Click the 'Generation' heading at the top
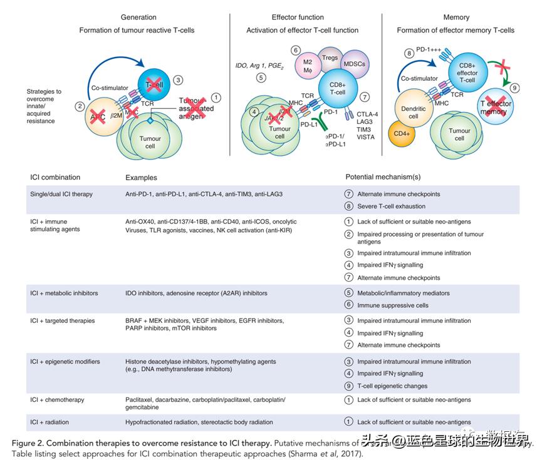(x=139, y=17)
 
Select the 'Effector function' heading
(x=298, y=17)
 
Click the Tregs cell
(x=330, y=58)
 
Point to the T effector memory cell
(x=497, y=108)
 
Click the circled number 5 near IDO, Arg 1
(x=261, y=78)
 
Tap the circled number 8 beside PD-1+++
(x=409, y=54)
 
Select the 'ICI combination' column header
(x=56, y=177)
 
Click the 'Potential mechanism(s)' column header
(x=383, y=177)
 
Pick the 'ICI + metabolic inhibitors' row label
(x=65, y=293)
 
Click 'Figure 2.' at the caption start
(x=29, y=443)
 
